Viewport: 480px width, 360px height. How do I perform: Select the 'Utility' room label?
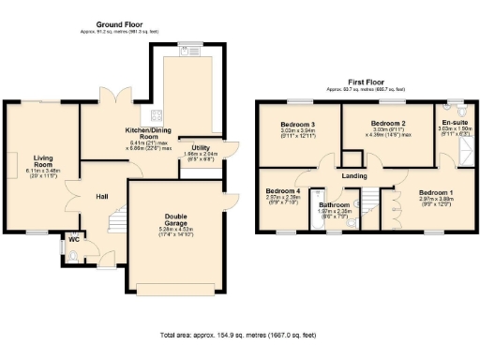[x=200, y=147]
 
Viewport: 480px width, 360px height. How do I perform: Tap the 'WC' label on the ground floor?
[x=73, y=239]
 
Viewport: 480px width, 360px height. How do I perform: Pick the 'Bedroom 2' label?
[x=387, y=123]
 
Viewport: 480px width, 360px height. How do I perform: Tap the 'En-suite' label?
[x=455, y=122]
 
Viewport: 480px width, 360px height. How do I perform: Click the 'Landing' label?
[x=353, y=174]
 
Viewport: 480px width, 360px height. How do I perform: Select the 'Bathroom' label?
[x=334, y=204]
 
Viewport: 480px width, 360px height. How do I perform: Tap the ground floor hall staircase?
[x=115, y=222]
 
